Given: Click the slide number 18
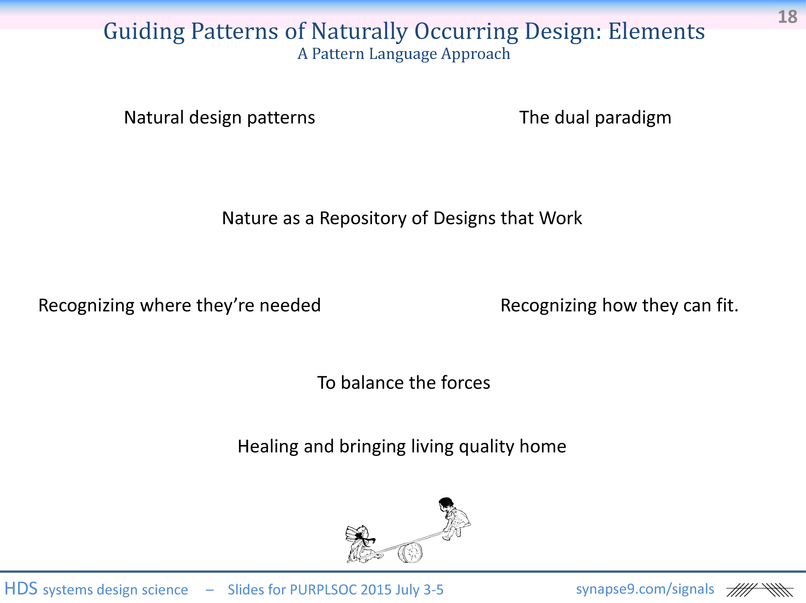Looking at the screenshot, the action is (x=787, y=17).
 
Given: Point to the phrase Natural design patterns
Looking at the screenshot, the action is (x=219, y=118).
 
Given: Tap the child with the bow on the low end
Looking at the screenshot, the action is (x=362, y=543).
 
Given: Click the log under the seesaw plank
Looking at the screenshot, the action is (x=410, y=553).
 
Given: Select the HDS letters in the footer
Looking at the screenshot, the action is (x=21, y=589).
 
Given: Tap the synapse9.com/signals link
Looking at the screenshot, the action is (x=645, y=589).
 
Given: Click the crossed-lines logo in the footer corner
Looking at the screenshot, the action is (x=760, y=590).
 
